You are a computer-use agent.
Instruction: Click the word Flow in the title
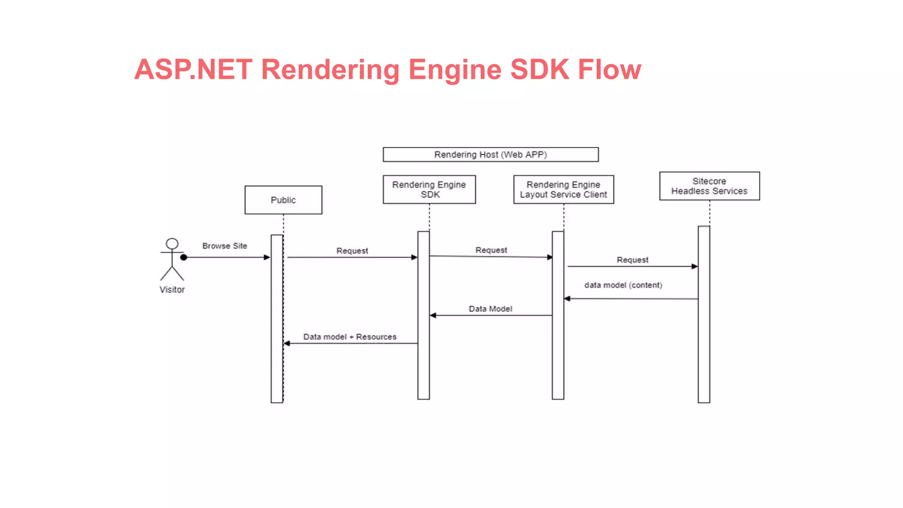pos(609,70)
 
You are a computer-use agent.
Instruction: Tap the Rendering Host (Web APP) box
pos(490,155)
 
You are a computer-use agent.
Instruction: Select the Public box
pos(283,200)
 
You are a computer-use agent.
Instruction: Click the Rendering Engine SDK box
pos(429,190)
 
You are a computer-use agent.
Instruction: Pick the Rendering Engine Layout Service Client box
pos(563,190)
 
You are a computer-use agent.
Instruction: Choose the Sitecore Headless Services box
pos(709,186)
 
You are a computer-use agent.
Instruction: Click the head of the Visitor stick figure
pos(172,244)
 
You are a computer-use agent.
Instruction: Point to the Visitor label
pos(172,290)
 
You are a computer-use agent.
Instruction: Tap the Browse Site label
pos(224,246)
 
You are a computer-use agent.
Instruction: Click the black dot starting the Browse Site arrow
pos(184,258)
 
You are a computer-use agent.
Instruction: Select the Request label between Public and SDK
pos(352,251)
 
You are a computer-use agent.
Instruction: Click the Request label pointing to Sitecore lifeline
pos(632,260)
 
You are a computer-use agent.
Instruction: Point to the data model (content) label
pos(623,285)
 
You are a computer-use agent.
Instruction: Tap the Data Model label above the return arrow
pos(490,309)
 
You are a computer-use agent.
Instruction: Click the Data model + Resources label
pos(350,337)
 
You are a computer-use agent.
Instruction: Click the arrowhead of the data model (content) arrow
pos(567,299)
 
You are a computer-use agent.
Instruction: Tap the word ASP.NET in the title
pos(193,70)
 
